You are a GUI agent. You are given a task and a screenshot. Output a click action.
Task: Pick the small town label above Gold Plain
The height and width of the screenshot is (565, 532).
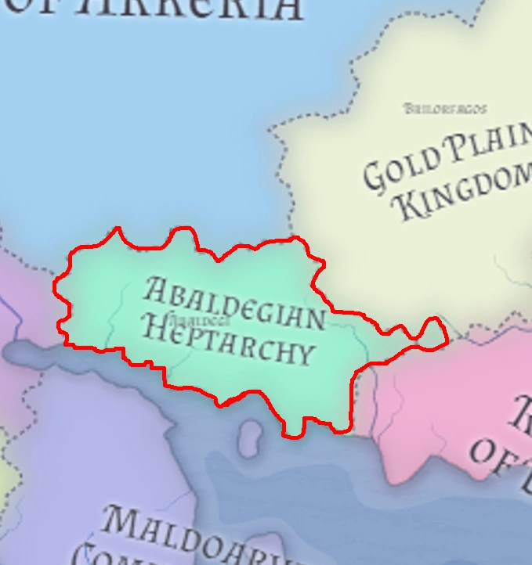pos(445,109)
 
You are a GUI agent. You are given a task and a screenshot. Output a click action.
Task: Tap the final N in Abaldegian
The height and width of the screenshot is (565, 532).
pos(313,317)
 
